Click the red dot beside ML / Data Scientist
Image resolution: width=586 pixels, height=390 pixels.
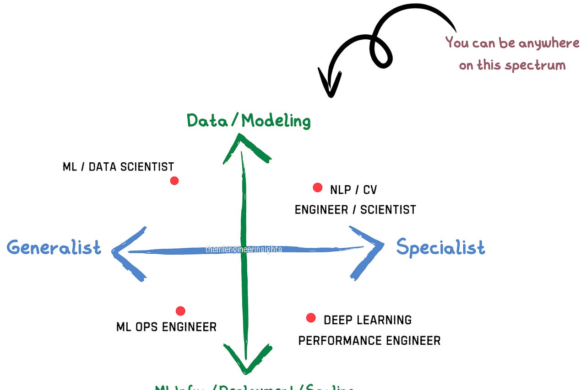174,181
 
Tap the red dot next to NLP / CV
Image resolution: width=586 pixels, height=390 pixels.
317,187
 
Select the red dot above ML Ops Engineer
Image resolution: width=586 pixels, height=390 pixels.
180,311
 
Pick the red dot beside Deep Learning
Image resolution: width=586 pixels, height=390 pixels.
311,318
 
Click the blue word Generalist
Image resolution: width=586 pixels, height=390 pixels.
54,247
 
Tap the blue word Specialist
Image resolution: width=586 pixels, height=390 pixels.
440,247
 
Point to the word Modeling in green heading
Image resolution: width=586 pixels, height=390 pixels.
276,121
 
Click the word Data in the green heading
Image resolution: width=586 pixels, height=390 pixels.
206,121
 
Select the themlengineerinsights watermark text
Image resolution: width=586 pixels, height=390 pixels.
244,249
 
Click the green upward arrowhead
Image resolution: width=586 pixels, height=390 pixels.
246,149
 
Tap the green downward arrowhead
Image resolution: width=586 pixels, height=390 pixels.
246,359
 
